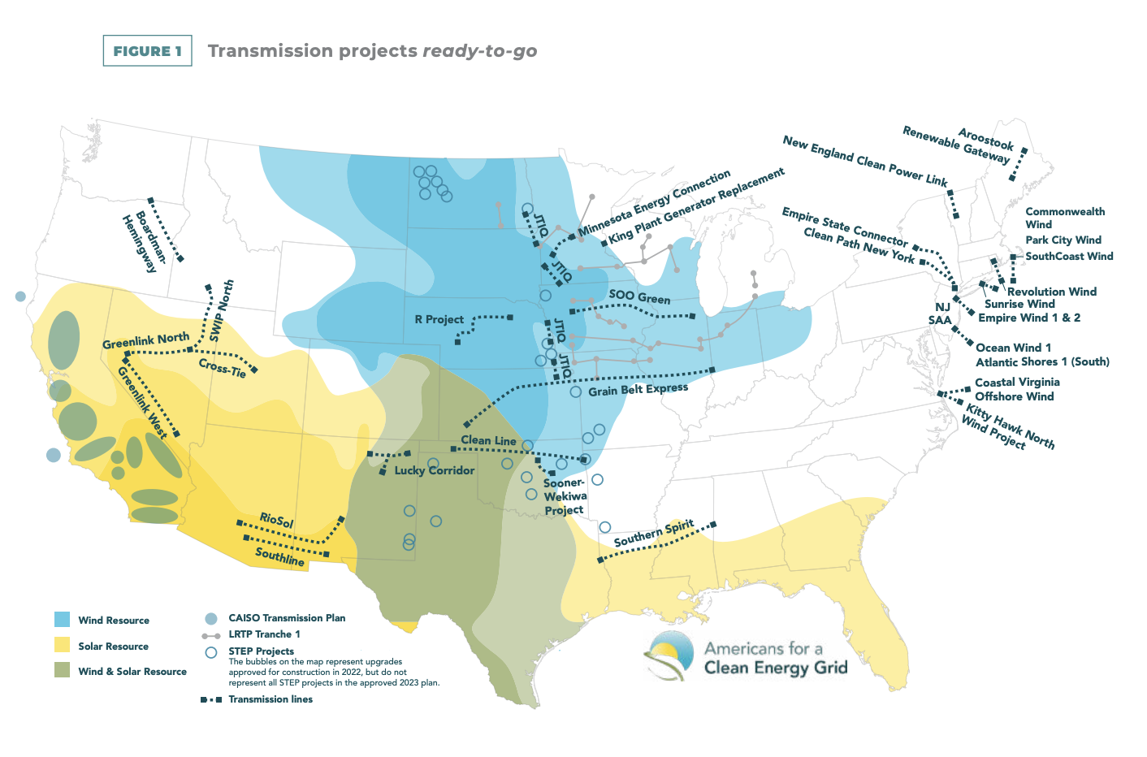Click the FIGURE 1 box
pyautogui.click(x=147, y=50)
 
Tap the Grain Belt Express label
pyautogui.click(x=638, y=389)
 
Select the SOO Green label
pyautogui.click(x=639, y=296)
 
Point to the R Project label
pyautogui.click(x=439, y=319)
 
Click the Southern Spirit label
pyautogui.click(x=654, y=533)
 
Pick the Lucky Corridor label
pyautogui.click(x=434, y=470)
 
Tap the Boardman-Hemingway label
pyautogui.click(x=145, y=243)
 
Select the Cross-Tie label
pyautogui.click(x=222, y=368)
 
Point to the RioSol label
pyautogui.click(x=276, y=520)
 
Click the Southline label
pyautogui.click(x=279, y=556)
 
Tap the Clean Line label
pyautogui.click(x=488, y=440)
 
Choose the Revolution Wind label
pyautogui.click(x=1051, y=292)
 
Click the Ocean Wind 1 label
pyautogui.click(x=1013, y=348)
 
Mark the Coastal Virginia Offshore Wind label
pyautogui.click(x=1016, y=389)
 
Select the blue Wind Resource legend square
pyautogui.click(x=62, y=620)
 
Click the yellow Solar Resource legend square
pyautogui.click(x=62, y=646)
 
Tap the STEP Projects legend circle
pyautogui.click(x=211, y=651)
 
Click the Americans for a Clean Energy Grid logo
pyautogui.click(x=747, y=656)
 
